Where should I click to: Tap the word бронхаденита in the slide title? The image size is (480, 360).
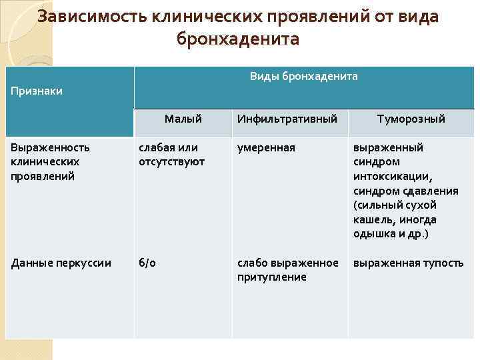(238, 40)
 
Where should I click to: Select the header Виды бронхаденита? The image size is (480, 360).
(303, 76)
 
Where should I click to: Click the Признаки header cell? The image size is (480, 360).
(37, 91)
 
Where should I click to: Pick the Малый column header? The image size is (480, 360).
(183, 119)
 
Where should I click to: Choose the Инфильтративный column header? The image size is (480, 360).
(287, 119)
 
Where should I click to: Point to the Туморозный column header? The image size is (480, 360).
(411, 119)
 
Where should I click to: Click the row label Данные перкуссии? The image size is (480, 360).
(61, 263)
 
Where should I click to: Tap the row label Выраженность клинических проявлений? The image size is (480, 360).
(50, 162)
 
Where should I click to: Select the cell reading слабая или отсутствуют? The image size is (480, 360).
(172, 155)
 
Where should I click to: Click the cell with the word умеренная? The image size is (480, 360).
(266, 147)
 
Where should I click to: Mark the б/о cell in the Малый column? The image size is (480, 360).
(147, 263)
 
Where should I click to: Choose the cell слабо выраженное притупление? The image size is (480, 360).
(287, 269)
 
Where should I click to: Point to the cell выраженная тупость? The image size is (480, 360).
(408, 263)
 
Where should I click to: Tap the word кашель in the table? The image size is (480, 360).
(373, 219)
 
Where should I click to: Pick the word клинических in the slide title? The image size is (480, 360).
(177, 17)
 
